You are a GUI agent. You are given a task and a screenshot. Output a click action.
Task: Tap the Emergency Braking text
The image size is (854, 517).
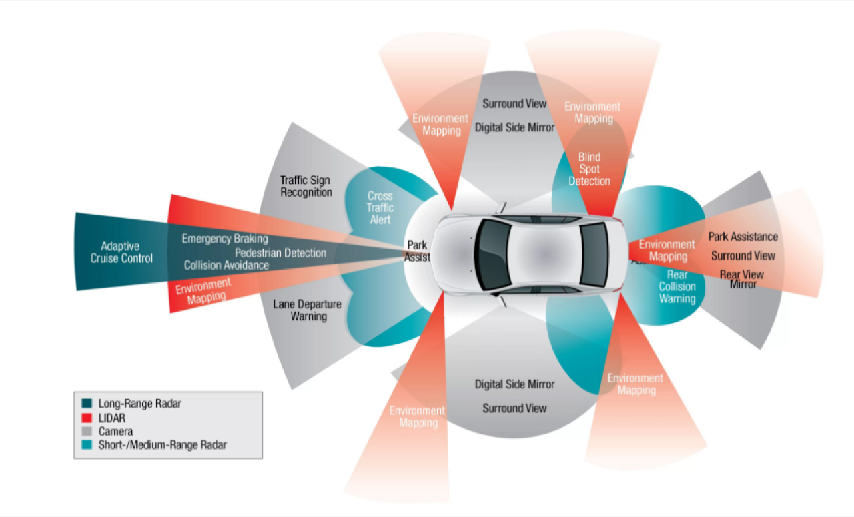click(224, 239)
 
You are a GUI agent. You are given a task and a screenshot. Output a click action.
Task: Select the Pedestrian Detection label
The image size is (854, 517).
click(280, 253)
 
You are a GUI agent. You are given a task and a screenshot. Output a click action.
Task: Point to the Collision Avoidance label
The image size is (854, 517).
click(226, 265)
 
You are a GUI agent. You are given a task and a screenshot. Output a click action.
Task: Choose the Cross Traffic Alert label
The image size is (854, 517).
click(380, 207)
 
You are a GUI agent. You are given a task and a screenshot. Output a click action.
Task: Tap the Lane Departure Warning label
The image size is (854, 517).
click(308, 310)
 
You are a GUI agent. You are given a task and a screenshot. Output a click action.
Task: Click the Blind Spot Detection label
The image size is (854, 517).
click(589, 169)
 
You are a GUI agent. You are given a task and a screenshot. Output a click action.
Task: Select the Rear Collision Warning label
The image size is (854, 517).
click(677, 286)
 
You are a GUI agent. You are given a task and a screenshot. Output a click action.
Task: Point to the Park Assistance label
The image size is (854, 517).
click(743, 237)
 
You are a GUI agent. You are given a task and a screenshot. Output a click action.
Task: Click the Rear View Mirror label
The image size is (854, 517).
click(742, 279)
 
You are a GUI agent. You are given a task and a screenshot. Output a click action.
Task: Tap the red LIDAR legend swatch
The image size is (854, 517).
click(87, 418)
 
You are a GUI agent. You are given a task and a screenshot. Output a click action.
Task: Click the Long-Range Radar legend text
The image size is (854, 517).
click(139, 404)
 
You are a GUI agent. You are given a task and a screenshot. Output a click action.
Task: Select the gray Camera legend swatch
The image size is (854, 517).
click(87, 432)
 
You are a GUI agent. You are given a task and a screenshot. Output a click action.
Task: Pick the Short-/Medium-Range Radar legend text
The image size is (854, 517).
click(162, 445)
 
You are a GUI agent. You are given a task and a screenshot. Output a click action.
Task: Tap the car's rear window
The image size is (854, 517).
click(593, 253)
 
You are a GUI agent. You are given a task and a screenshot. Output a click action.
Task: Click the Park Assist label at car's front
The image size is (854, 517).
click(418, 251)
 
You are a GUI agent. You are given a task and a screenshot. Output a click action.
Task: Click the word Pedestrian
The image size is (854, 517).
click(259, 253)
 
